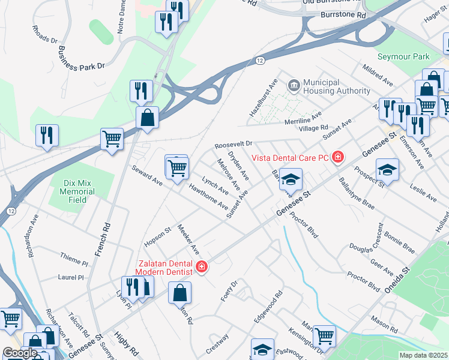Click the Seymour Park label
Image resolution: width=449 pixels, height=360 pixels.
tap(404, 56)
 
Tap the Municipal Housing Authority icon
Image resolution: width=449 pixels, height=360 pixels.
tap(294, 85)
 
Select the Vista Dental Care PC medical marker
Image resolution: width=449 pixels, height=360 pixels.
tap(338, 157)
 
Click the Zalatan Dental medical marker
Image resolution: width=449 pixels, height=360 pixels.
tap(202, 266)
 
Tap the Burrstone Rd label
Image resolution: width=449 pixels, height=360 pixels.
tap(343, 14)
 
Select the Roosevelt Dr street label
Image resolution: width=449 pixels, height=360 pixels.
tap(234, 145)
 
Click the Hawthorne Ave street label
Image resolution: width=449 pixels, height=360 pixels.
tap(208, 196)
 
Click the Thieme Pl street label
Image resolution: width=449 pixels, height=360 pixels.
tap(74, 259)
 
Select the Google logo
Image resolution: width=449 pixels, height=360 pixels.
tap(20, 353)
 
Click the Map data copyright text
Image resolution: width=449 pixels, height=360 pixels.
tap(423, 355)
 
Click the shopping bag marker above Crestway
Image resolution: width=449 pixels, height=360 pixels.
tap(180, 294)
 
